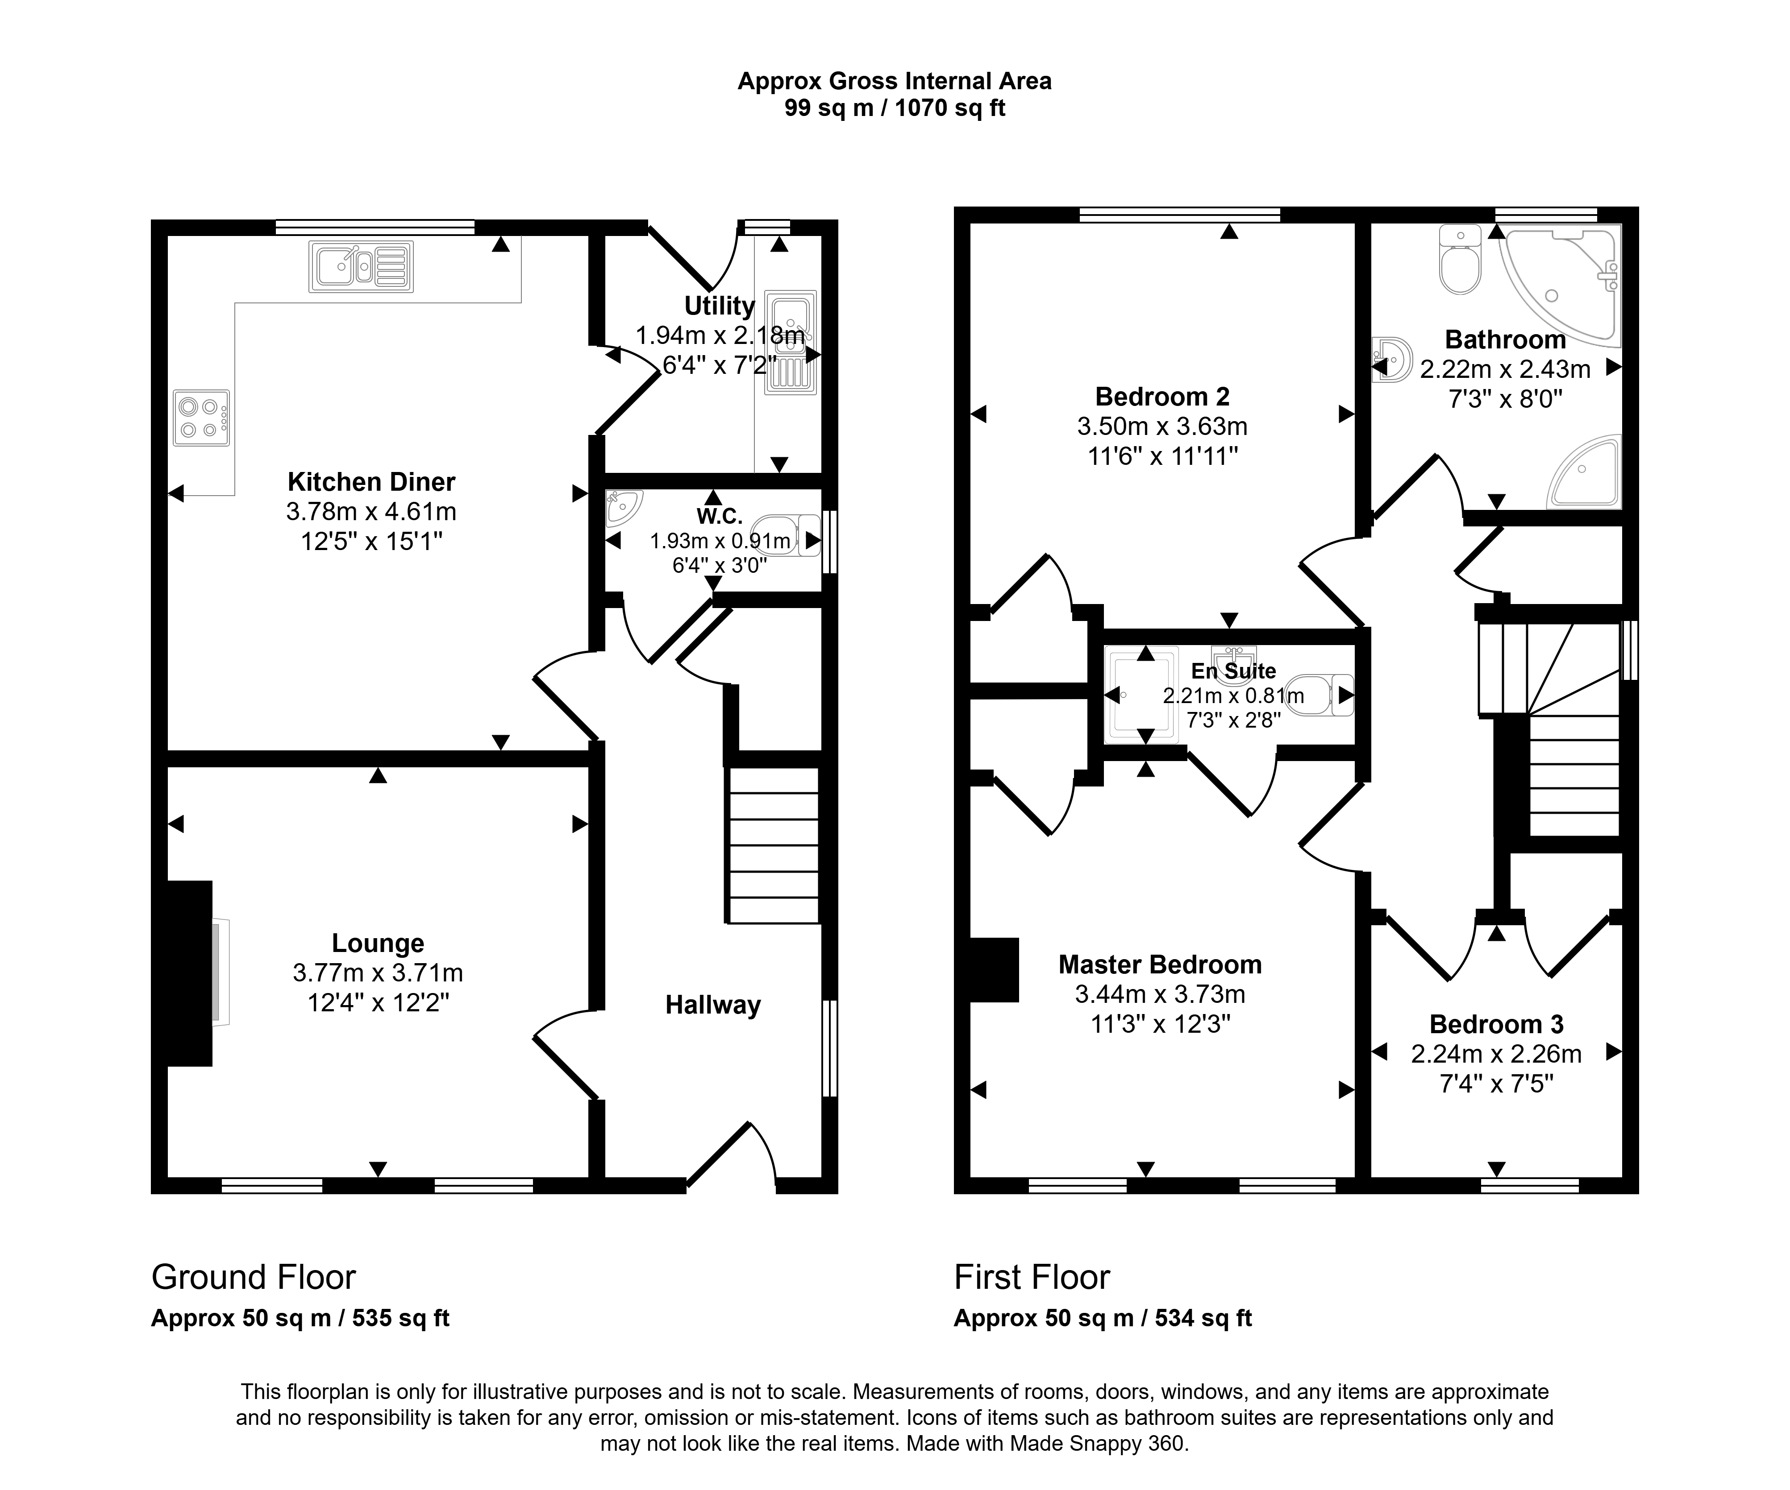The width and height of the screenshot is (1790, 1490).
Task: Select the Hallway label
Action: tap(712, 1005)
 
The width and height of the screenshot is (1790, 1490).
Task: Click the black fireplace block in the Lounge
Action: tap(189, 973)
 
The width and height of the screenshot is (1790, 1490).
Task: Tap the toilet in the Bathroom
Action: tap(1460, 259)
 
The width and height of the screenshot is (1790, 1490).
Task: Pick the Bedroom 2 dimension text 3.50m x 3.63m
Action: tap(1162, 426)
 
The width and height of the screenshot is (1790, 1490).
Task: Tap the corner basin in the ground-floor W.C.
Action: tap(622, 509)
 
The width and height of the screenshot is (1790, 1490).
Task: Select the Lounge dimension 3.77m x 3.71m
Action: tap(378, 973)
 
